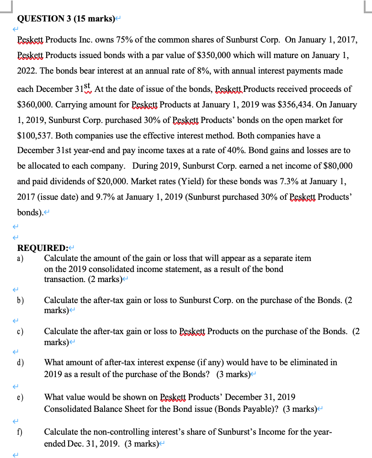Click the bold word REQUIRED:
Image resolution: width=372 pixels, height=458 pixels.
(42, 248)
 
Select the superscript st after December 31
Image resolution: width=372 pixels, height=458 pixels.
(89, 86)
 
